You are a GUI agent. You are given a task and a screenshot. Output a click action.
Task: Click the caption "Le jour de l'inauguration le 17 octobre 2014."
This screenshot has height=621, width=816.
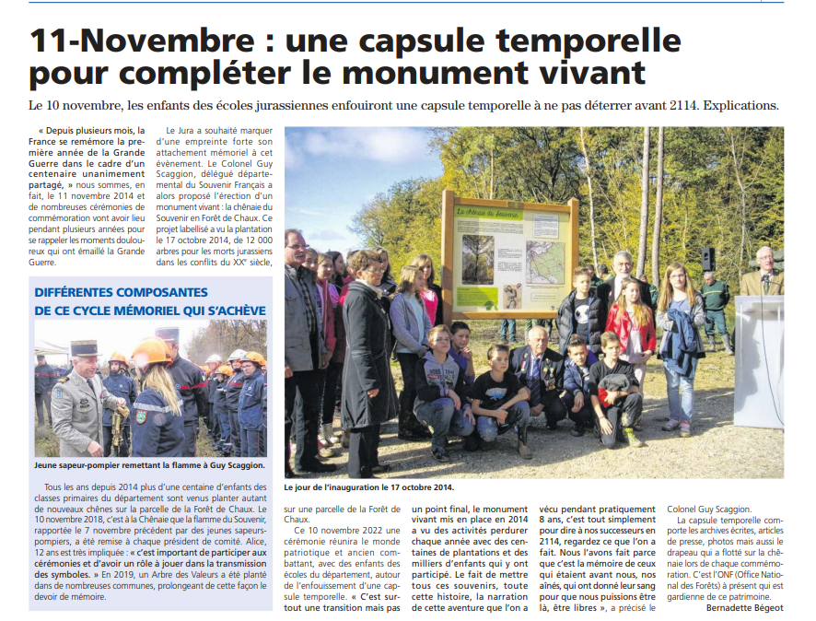[x=369, y=486]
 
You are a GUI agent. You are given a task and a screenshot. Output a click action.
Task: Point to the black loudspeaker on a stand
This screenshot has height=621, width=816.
[x=707, y=259]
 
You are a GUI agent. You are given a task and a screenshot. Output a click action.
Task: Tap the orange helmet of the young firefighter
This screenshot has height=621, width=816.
[x=150, y=351]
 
